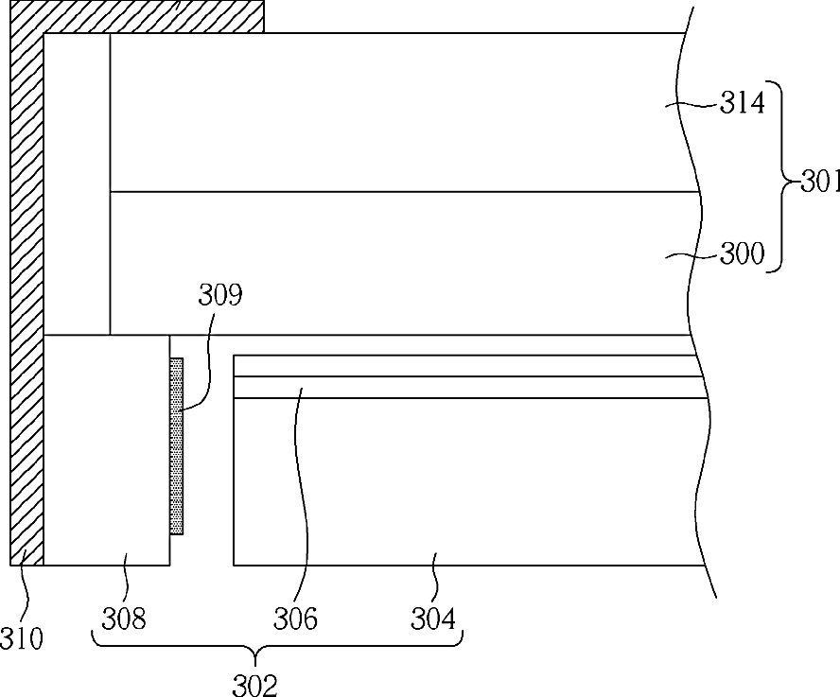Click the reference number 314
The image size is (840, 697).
click(x=742, y=102)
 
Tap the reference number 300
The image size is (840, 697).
click(x=742, y=253)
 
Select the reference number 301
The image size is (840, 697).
click(x=820, y=183)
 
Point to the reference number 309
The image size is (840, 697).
click(x=220, y=294)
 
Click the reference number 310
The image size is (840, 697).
click(x=22, y=638)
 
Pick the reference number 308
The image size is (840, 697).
click(x=124, y=619)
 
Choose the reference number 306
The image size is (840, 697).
click(x=295, y=619)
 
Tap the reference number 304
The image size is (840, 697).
click(x=433, y=619)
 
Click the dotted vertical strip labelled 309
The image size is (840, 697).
click(x=176, y=446)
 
